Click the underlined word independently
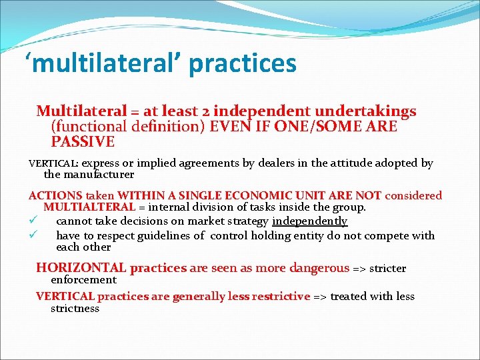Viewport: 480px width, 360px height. (309, 221)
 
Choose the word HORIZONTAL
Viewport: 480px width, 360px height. (81, 268)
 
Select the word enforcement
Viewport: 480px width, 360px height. (83, 280)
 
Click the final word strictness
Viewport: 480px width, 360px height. (75, 309)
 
